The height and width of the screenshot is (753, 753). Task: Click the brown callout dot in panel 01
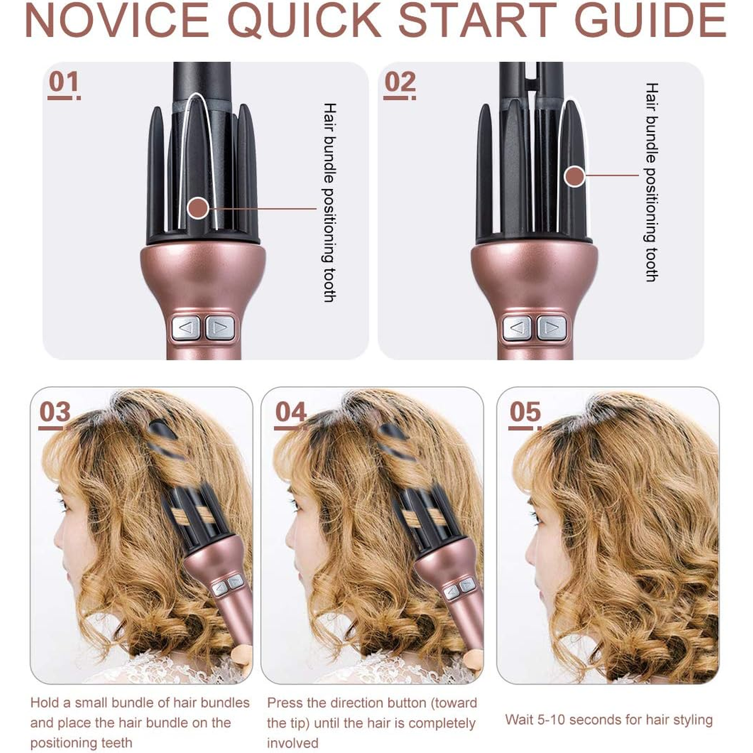pos(198,208)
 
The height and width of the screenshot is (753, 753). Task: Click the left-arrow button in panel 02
pos(517,328)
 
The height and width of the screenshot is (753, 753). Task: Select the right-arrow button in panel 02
pos(551,328)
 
